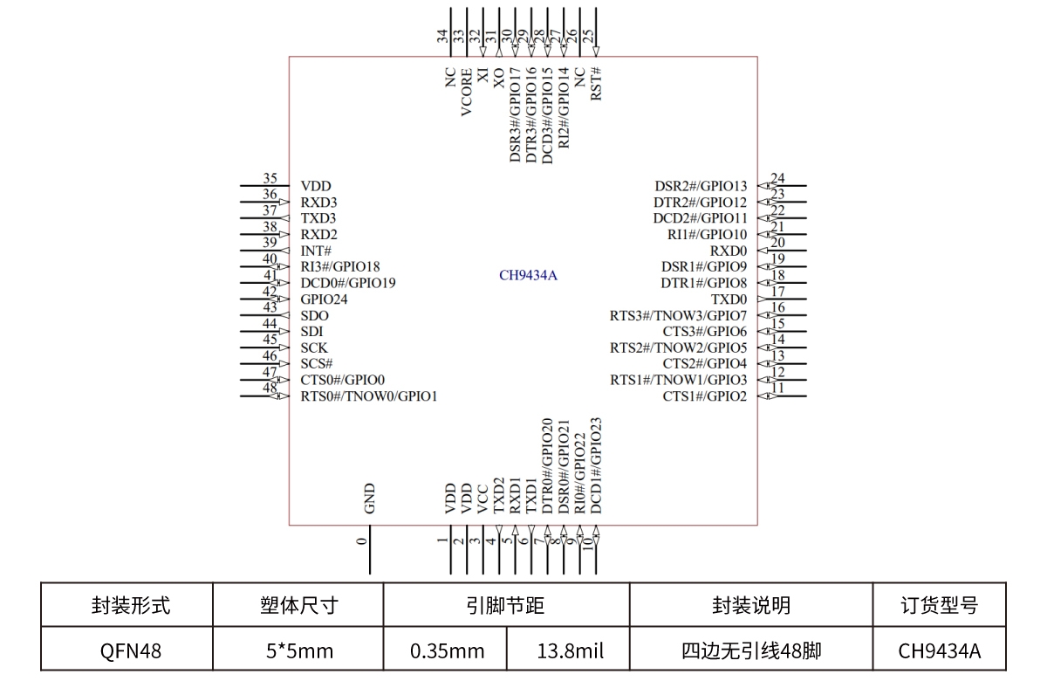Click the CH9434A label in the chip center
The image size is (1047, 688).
coord(528,276)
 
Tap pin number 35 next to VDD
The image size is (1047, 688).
coord(270,178)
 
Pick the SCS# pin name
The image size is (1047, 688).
coord(317,363)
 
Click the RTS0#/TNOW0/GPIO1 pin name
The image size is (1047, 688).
coord(369,396)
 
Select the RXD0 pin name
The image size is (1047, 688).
coord(729,251)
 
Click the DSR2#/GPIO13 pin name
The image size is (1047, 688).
coord(701,186)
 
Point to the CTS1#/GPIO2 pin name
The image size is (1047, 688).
coord(705,396)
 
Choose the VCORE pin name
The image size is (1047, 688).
coord(467,92)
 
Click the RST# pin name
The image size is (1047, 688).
coord(597,84)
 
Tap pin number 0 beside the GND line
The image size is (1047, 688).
coord(362,541)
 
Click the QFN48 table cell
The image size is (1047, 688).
coord(127,650)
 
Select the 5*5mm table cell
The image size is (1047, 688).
coord(298,650)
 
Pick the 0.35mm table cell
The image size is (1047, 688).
coord(447,650)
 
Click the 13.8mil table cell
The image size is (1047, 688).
coord(570,650)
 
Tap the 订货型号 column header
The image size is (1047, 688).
coord(939,605)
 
